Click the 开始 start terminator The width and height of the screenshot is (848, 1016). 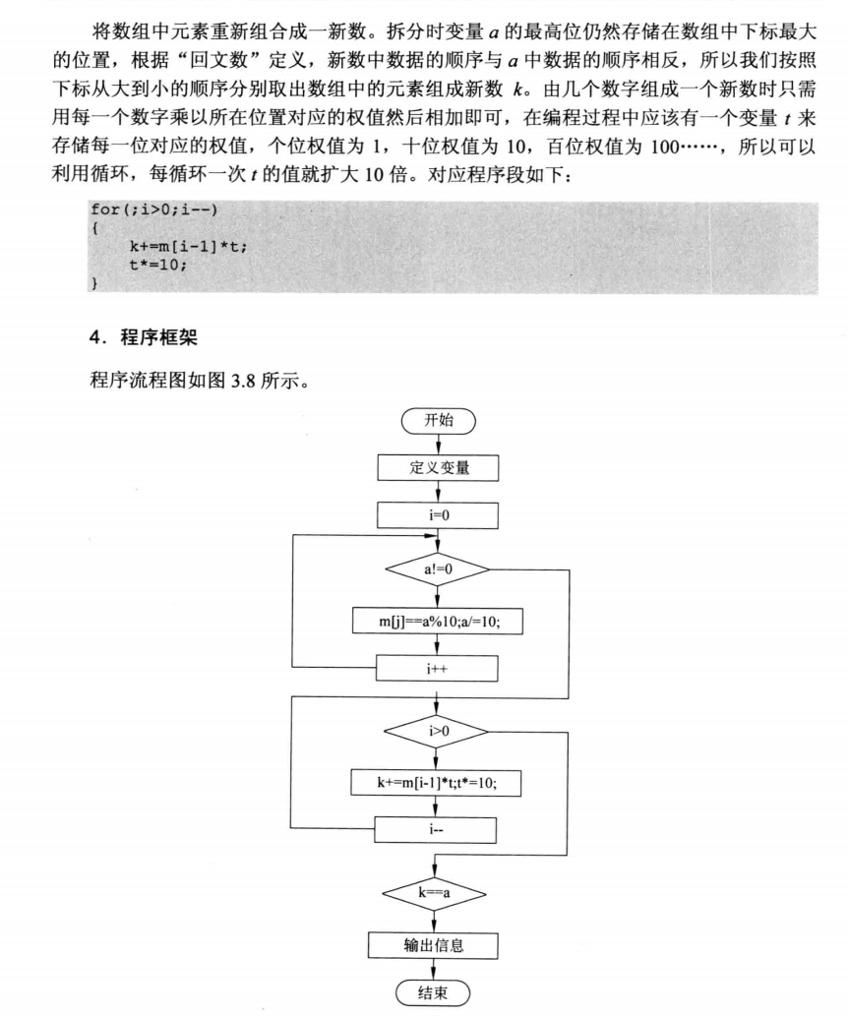click(x=438, y=421)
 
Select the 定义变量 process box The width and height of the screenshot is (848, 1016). click(x=438, y=468)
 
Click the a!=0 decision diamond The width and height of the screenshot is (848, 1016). click(x=438, y=568)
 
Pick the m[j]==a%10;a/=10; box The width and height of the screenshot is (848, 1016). click(x=438, y=622)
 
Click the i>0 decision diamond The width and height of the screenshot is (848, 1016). click(x=437, y=732)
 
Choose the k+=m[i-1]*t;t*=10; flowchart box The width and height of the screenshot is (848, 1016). click(x=437, y=784)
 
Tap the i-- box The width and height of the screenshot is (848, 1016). click(x=437, y=829)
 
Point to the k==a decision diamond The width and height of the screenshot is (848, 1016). click(x=434, y=894)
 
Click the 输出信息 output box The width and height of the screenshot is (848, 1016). click(x=434, y=946)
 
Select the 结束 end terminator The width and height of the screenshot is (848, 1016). click(x=434, y=992)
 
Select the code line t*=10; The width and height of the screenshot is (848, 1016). click(x=157, y=265)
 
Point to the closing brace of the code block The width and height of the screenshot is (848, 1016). click(x=94, y=282)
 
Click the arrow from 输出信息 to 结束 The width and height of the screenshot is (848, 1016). click(x=434, y=970)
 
